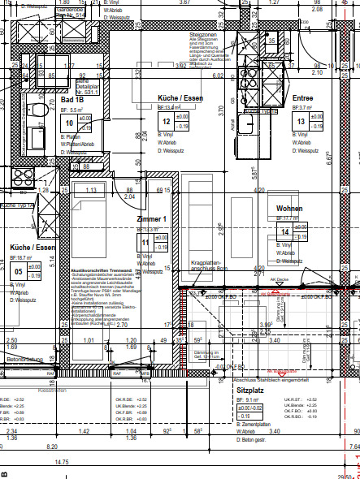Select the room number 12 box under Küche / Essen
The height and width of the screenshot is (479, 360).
click(167, 123)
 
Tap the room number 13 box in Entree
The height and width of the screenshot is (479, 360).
click(301, 122)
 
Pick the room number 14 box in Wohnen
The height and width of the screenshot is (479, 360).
click(284, 232)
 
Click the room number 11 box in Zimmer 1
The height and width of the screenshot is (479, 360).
click(145, 242)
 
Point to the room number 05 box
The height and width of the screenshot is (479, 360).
click(17, 271)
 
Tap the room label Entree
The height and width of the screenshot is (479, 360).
click(302, 97)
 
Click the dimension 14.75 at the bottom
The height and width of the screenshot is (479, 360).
click(85, 462)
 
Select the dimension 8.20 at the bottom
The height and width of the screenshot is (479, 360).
click(53, 446)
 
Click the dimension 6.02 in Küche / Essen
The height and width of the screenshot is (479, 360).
click(218, 76)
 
